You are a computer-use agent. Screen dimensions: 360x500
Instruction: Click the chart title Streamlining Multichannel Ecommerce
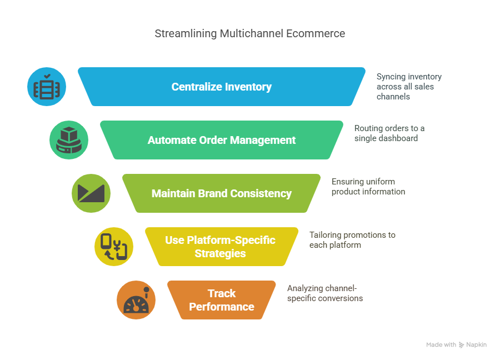[249, 33]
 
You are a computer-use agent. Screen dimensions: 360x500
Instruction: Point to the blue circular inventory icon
[47, 87]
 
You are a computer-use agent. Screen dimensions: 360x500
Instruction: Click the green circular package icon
[69, 140]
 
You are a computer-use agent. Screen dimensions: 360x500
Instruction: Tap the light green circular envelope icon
[91, 193]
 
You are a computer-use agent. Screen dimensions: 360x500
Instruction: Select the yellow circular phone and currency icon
[114, 247]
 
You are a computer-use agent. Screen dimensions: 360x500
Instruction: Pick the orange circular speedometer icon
[136, 300]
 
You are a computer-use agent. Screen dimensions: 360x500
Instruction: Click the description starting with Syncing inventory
[409, 87]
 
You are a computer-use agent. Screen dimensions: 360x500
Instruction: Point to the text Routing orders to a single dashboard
[389, 133]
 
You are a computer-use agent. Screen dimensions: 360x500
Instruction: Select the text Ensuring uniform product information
[368, 186]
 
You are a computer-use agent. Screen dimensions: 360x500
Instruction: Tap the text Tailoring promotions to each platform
[352, 239]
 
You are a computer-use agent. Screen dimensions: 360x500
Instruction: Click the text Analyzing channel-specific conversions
[324, 293]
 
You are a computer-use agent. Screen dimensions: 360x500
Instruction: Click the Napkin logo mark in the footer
[462, 345]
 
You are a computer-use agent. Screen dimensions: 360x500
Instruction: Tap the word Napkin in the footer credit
[477, 345]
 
